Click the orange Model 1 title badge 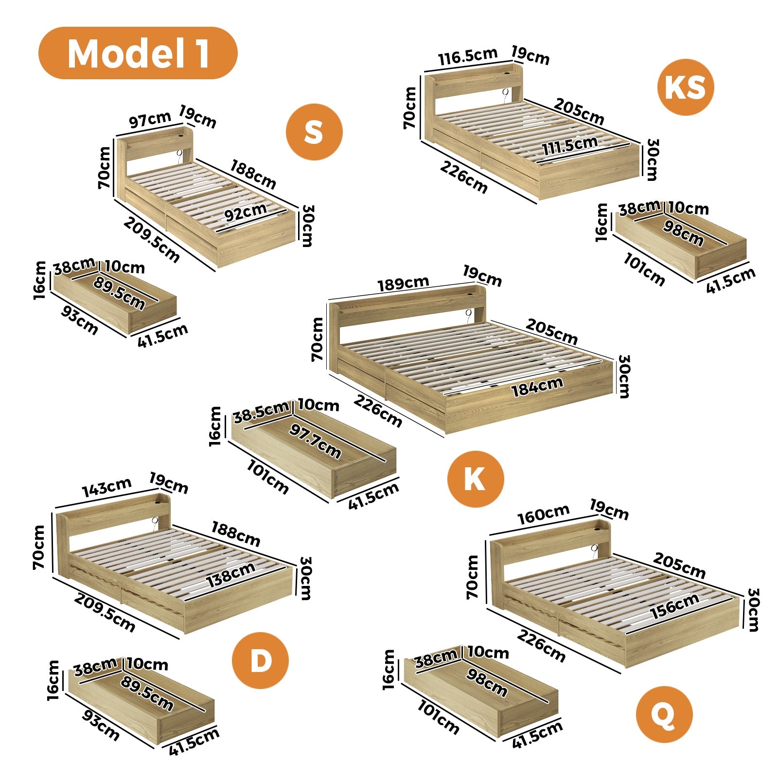coord(138,53)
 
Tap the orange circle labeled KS coord(685,88)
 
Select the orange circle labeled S coord(314,132)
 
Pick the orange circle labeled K coord(475,479)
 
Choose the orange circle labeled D coord(260,660)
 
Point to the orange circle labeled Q coord(664,714)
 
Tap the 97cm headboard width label coord(150,120)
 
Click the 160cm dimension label coord(543,514)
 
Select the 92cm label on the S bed coord(246,212)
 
